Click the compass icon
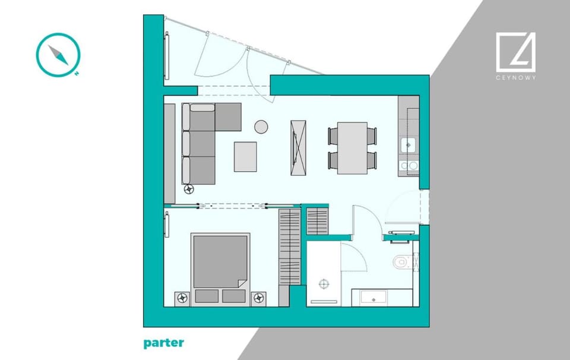[x=58, y=55]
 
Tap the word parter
[x=164, y=343]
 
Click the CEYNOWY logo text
[x=515, y=77]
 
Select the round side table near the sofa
[x=261, y=127]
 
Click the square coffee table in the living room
[x=245, y=157]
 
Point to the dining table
[x=352, y=148]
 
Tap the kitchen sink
[x=408, y=145]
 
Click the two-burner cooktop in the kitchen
[x=409, y=166]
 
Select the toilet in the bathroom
[x=402, y=262]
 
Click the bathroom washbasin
[x=373, y=298]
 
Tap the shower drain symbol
[x=324, y=283]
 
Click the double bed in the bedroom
[x=220, y=269]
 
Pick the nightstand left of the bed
[x=182, y=299]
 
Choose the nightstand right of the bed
[x=258, y=299]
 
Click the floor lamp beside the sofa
[x=189, y=189]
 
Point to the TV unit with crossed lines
[x=298, y=148]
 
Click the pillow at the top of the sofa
[x=202, y=108]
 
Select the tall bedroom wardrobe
[x=290, y=247]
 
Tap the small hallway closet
[x=317, y=221]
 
